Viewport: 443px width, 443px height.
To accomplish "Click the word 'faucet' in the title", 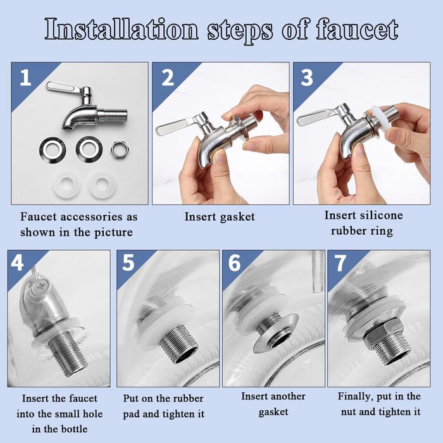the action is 357,30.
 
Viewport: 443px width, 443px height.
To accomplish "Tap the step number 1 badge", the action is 25,78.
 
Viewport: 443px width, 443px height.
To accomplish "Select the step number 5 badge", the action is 128,263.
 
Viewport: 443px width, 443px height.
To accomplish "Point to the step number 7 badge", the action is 340,263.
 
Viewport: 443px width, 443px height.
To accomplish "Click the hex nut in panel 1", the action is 120,149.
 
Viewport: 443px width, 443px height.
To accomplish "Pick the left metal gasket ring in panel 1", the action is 53,150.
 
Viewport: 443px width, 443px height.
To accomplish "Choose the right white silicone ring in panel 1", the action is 101,184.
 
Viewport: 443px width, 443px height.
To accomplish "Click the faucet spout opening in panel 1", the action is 68,128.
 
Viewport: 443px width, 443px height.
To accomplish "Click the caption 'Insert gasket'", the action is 220,217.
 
